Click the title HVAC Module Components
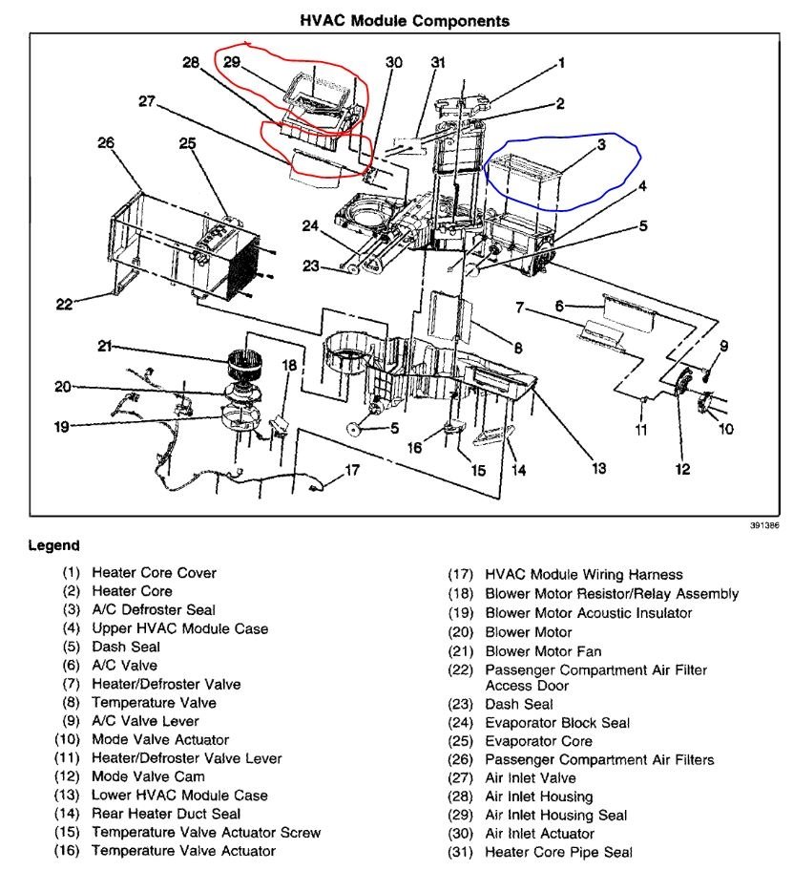405,19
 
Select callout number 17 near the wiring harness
353,469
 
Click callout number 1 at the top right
561,63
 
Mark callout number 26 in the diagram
105,143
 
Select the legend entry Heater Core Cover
153,573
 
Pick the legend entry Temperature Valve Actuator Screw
205,832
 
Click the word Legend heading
53,545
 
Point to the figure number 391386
762,526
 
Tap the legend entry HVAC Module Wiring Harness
583,575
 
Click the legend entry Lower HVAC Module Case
178,795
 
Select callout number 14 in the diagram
519,469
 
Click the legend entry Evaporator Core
538,741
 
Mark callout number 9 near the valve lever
724,345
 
